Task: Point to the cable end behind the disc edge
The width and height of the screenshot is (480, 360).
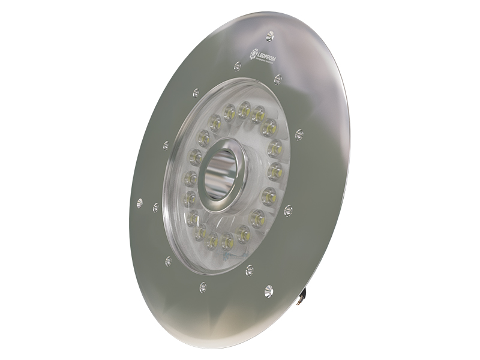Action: point(307,294)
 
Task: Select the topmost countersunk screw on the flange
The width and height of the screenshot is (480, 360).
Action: point(269,36)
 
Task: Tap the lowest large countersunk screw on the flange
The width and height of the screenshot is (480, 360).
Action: point(268,290)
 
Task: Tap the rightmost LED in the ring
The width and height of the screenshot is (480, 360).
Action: point(275,148)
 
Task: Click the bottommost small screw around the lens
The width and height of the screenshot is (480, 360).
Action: point(203,287)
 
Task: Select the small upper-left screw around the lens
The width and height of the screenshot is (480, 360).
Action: point(196,93)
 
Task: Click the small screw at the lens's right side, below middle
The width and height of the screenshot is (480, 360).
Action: point(288,210)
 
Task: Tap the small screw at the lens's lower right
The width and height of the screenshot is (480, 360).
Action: point(250,270)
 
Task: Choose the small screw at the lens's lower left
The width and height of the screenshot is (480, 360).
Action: point(168,261)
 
